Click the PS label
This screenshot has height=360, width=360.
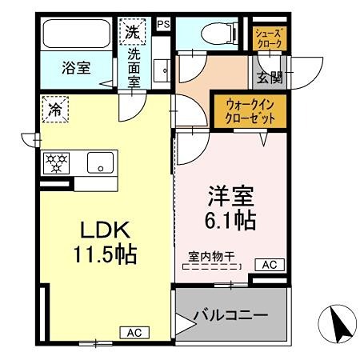[163, 25]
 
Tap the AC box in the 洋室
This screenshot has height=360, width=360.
[268, 265]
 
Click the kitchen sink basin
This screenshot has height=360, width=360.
[102, 161]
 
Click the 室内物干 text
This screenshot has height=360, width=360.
[211, 257]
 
